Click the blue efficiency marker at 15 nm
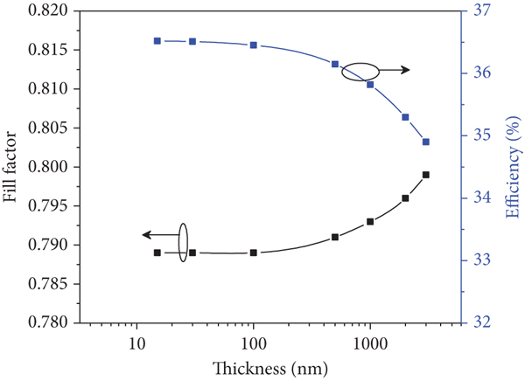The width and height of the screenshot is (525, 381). pos(157,41)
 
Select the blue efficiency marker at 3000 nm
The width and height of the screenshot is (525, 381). pos(426,142)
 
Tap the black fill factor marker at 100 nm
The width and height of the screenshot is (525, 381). pos(254,253)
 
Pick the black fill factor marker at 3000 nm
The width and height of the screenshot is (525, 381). pos(426,175)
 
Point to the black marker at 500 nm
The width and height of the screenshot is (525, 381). pos(335,237)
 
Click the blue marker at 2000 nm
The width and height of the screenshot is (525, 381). pos(405,117)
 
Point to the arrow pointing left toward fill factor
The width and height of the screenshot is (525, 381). pos(158,234)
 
